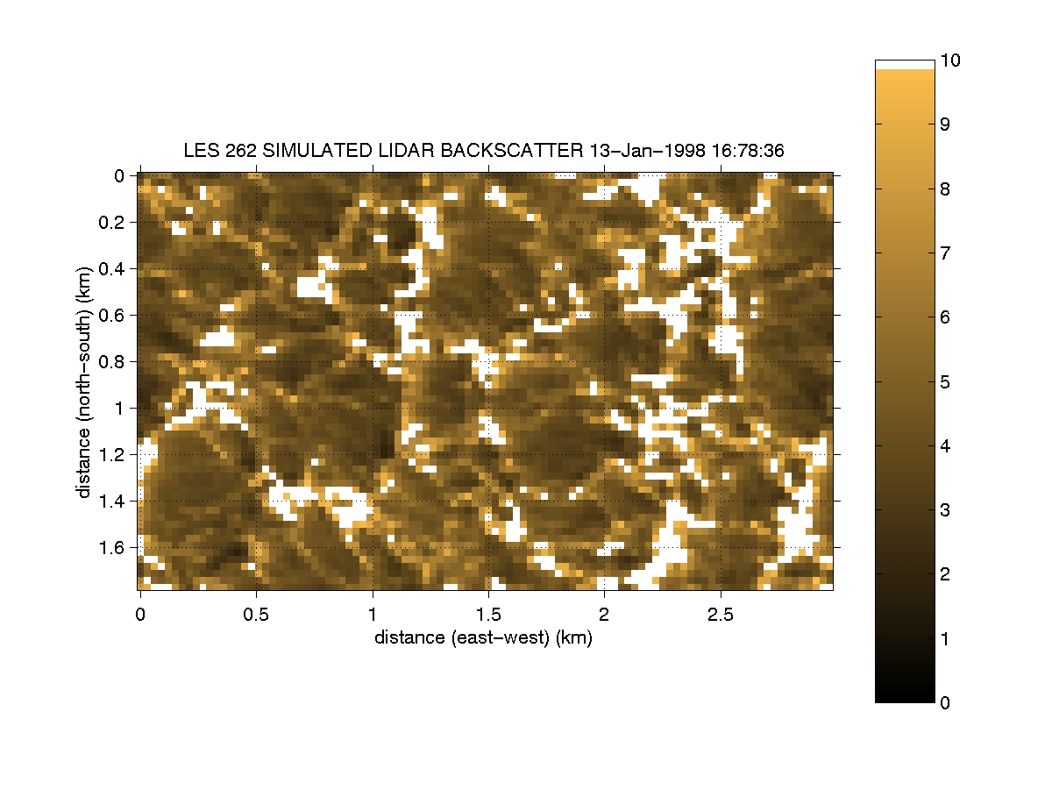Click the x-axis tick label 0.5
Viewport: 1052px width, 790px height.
click(x=256, y=612)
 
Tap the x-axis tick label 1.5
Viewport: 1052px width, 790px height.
click(x=488, y=612)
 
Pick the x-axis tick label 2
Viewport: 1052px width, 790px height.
click(x=604, y=612)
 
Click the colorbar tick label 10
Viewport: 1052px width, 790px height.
click(x=950, y=60)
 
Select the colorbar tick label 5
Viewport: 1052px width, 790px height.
click(x=946, y=381)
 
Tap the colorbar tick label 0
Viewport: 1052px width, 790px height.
click(x=946, y=702)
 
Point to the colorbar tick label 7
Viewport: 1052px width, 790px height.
click(x=946, y=253)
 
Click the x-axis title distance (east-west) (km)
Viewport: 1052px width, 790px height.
click(x=483, y=637)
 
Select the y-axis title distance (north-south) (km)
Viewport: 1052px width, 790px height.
click(x=84, y=382)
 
